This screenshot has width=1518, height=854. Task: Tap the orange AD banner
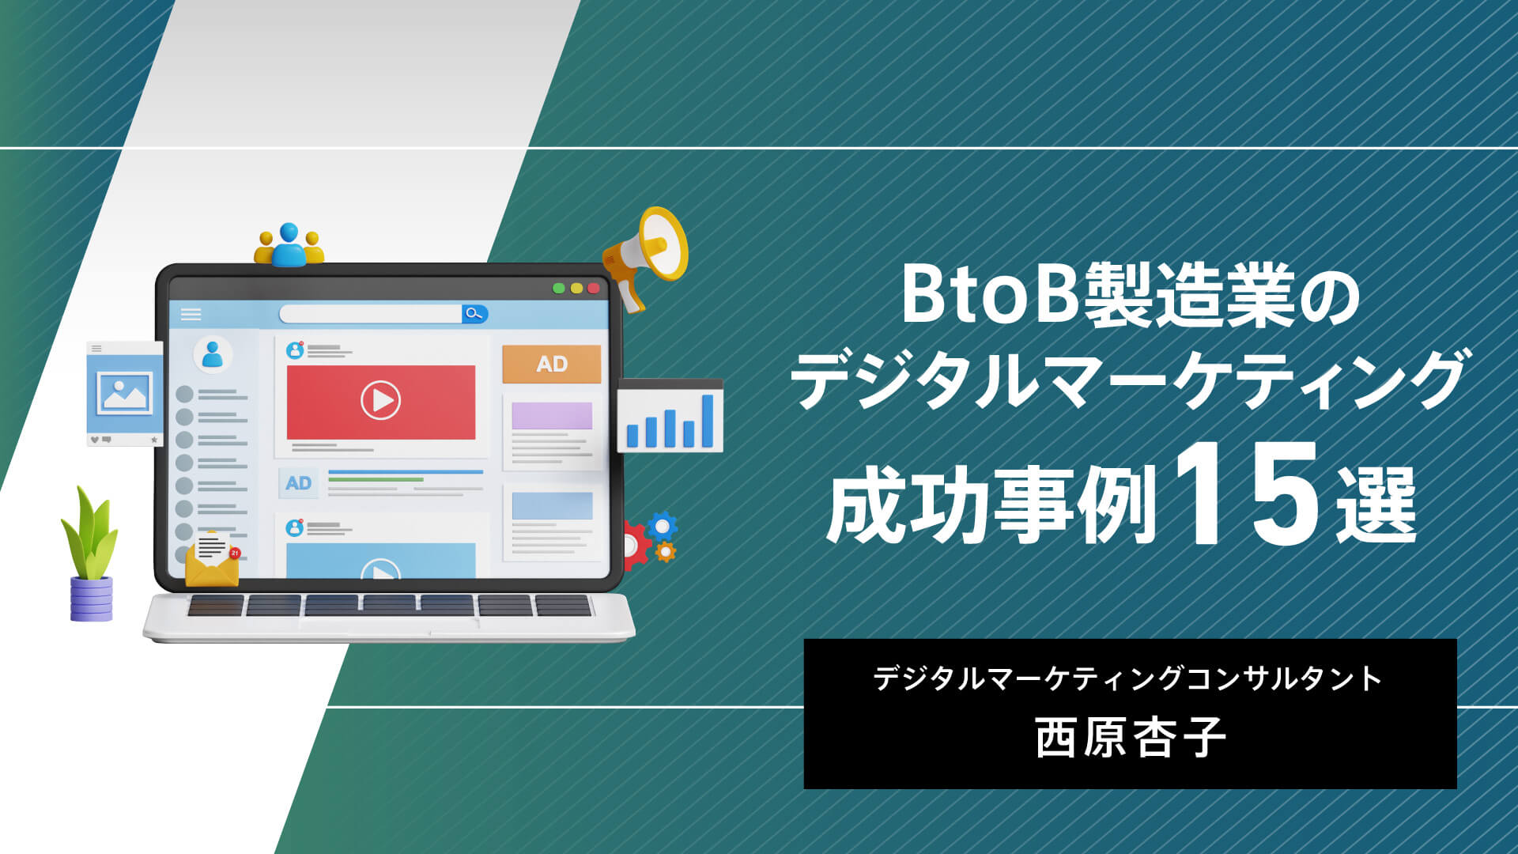[552, 364]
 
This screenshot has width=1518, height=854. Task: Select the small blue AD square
[298, 483]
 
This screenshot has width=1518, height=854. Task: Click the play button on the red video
[380, 400]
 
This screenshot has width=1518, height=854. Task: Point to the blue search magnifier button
[474, 314]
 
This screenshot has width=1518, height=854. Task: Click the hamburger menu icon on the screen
[191, 314]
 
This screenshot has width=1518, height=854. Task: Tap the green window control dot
[559, 289]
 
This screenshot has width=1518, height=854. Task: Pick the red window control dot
[594, 289]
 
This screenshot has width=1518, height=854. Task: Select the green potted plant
[89, 554]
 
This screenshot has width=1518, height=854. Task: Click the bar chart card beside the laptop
[670, 416]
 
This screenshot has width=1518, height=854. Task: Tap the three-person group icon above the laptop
[289, 245]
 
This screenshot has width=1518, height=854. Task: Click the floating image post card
[125, 394]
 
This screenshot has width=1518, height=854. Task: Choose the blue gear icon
[662, 526]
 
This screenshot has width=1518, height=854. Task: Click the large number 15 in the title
[1247, 494]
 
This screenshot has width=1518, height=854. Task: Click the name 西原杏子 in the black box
[1131, 738]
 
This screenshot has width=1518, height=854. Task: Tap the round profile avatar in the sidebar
[213, 354]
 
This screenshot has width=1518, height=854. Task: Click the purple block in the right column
[552, 416]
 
